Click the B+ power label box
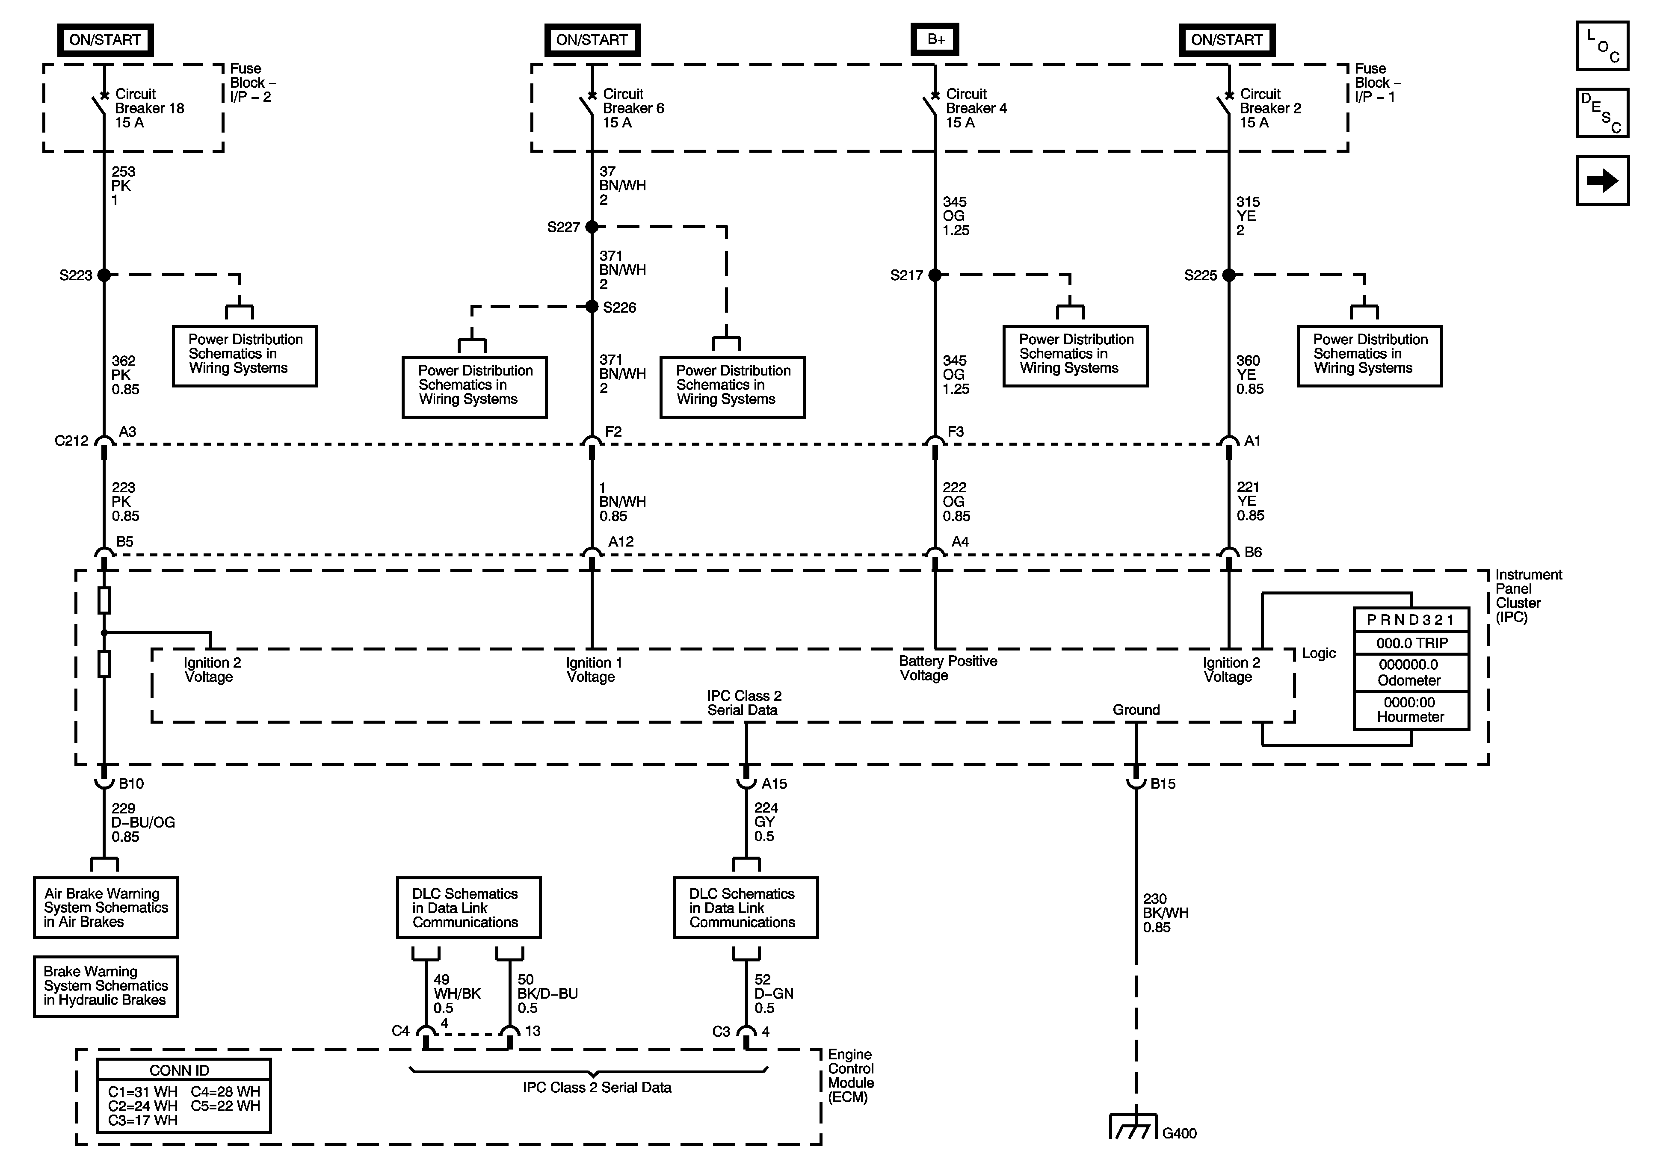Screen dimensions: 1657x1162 pos(935,40)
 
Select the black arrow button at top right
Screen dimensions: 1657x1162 pos(1602,180)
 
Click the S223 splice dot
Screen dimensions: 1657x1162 pos(104,275)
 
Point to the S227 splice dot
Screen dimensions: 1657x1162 pos(592,227)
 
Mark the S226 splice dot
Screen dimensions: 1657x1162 pos(592,307)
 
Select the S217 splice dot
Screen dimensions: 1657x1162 pos(935,275)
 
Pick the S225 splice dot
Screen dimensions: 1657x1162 pos(1229,275)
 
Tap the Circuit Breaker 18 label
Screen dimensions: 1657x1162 pos(149,108)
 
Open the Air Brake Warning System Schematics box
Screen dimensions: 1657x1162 pos(106,907)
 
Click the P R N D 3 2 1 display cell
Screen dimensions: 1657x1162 pos(1411,619)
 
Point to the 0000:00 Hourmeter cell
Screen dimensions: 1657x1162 pos(1411,710)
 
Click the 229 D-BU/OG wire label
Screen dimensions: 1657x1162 pos(143,822)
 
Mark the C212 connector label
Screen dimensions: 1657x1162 pos(71,440)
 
